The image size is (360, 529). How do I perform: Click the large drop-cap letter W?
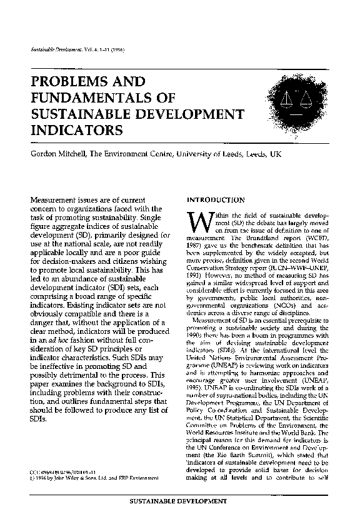pyautogui.click(x=197, y=224)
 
